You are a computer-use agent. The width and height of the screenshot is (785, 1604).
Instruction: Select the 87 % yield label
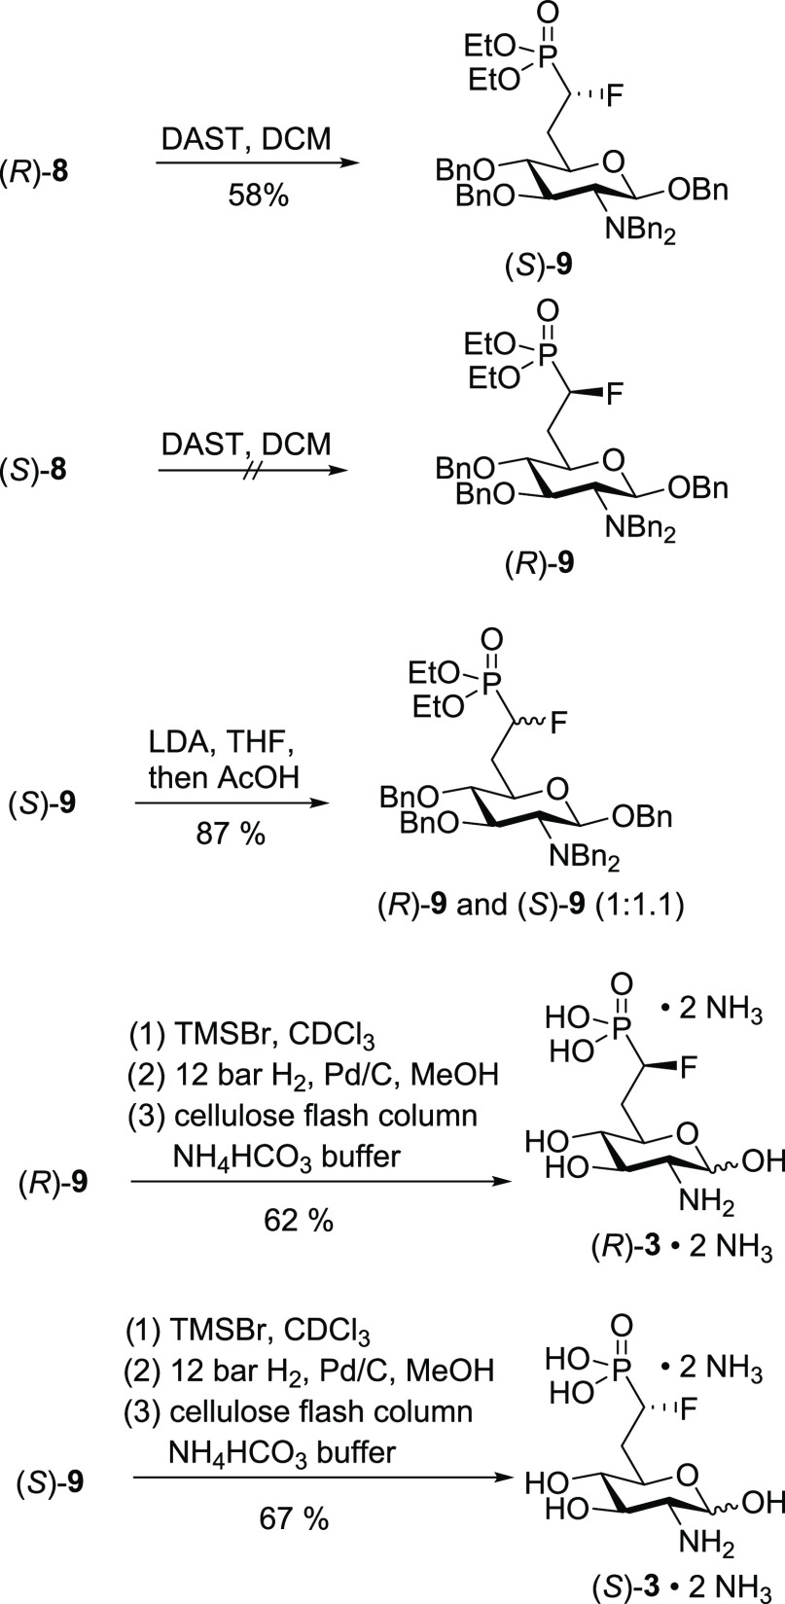(x=231, y=834)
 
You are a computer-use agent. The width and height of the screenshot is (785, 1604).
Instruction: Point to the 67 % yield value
(x=295, y=1517)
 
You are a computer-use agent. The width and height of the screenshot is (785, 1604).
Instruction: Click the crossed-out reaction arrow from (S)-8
(x=252, y=471)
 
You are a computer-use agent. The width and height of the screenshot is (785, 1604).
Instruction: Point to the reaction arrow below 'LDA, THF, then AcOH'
(x=232, y=802)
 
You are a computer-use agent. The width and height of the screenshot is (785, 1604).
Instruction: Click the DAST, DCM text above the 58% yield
(x=246, y=138)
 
